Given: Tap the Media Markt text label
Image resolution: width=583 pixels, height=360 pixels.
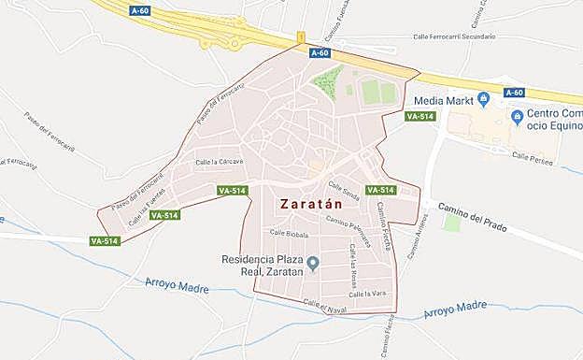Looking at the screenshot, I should (x=442, y=99).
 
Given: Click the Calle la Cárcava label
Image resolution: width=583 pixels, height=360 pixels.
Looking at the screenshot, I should (x=219, y=162).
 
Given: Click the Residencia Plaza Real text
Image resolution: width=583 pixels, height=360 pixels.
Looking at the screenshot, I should (x=263, y=266).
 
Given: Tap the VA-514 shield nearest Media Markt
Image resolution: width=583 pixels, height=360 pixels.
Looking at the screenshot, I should (x=420, y=116).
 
